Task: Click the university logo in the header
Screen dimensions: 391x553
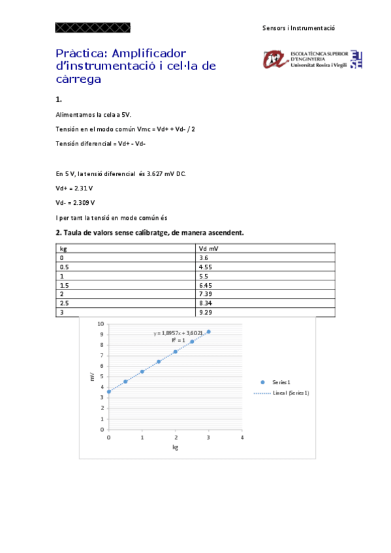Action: [312, 59]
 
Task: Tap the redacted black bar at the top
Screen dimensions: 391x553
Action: [93, 27]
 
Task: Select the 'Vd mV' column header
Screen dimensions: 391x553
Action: [210, 248]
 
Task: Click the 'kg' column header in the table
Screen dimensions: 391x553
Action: [63, 248]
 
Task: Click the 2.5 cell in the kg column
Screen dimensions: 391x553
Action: [65, 304]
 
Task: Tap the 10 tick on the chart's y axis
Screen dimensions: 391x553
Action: [101, 323]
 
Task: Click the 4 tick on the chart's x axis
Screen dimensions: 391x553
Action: [242, 437]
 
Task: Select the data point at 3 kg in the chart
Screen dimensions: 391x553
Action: [209, 332]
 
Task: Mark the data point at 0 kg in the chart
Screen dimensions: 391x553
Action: [109, 392]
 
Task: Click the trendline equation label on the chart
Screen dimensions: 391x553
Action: [178, 333]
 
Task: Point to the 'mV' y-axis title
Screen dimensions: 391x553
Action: [92, 377]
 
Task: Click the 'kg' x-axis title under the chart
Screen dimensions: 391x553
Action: [175, 448]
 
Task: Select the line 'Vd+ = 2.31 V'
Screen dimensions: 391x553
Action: [74, 188]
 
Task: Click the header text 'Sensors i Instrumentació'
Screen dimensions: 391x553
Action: [298, 29]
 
